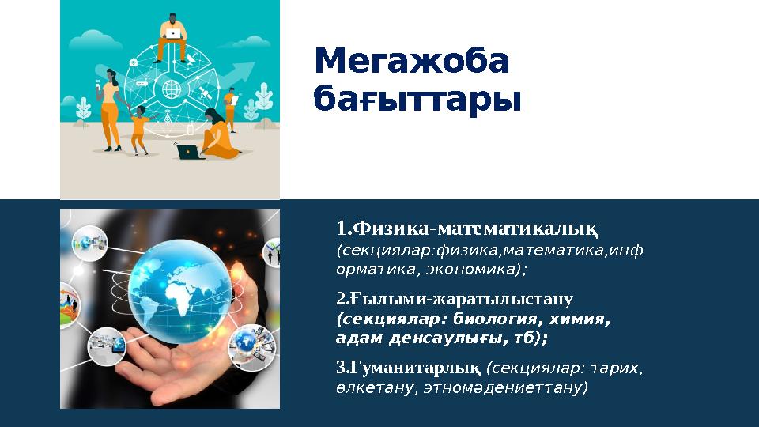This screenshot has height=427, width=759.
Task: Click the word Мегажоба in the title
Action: (411, 62)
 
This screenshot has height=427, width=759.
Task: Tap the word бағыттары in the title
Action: (417, 101)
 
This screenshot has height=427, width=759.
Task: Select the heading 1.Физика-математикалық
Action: (466, 229)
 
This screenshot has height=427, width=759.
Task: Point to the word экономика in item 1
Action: (472, 269)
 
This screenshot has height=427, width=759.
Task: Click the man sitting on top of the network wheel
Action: (172, 36)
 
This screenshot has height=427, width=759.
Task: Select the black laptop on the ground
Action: (190, 152)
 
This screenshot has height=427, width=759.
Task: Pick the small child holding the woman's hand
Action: (140, 128)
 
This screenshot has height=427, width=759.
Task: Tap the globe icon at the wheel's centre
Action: (170, 89)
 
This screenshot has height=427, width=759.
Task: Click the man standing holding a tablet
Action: (230, 107)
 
